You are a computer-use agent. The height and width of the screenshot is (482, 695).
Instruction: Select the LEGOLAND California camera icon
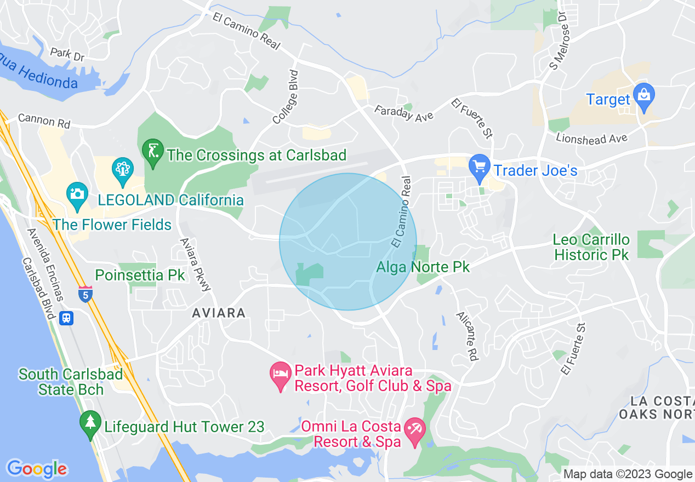[x=77, y=194]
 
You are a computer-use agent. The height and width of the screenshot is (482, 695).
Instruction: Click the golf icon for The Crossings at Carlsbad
[x=153, y=152]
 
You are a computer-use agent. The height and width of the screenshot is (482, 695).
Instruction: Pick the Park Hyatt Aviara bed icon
[x=281, y=376]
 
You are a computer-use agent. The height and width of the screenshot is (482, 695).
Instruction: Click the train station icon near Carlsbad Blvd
[x=67, y=318]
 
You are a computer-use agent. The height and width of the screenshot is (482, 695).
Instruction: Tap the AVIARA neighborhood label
[x=219, y=313]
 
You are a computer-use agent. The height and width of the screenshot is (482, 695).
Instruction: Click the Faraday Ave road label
[x=404, y=113]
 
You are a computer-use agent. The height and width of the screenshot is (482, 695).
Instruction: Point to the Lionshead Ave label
[x=591, y=137]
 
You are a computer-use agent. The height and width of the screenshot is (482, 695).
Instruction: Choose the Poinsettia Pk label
[x=140, y=275]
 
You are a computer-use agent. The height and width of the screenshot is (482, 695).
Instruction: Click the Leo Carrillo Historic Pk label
[x=591, y=247]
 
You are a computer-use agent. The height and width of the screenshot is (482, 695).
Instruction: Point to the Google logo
[x=37, y=469]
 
